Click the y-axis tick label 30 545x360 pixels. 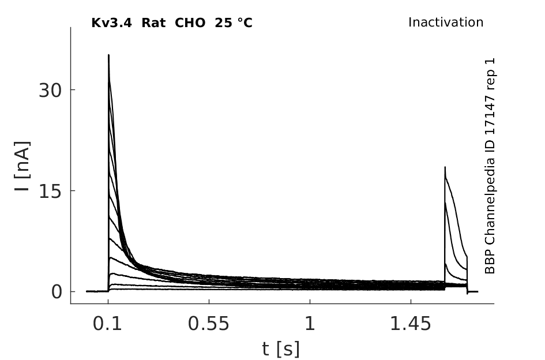pos(50,91)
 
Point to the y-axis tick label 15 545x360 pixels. pos(50,192)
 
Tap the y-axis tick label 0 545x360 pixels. pos(57,292)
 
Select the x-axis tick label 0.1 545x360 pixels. pos(107,324)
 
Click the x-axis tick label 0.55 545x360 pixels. pos(209,324)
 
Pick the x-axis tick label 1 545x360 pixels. pos(310,324)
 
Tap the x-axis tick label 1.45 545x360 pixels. pos(411,324)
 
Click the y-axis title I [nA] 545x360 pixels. pos(22,166)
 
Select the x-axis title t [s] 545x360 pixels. pos(280,349)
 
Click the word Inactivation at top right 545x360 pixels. pos(446,22)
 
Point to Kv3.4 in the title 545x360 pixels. pos(111,23)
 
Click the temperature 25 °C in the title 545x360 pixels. pos(234,23)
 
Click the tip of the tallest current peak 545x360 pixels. pos(109,55)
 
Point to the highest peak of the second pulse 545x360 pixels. pos(445,167)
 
